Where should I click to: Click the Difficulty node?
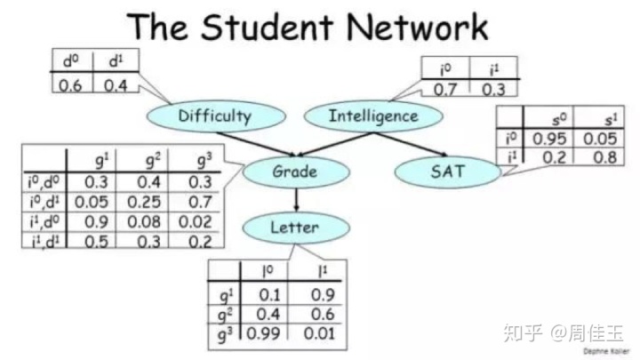point(214,116)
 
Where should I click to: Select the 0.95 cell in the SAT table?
point(549,139)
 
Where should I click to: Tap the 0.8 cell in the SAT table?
point(596,156)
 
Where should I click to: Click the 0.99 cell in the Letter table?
point(260,333)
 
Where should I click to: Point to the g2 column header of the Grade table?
point(151,161)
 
